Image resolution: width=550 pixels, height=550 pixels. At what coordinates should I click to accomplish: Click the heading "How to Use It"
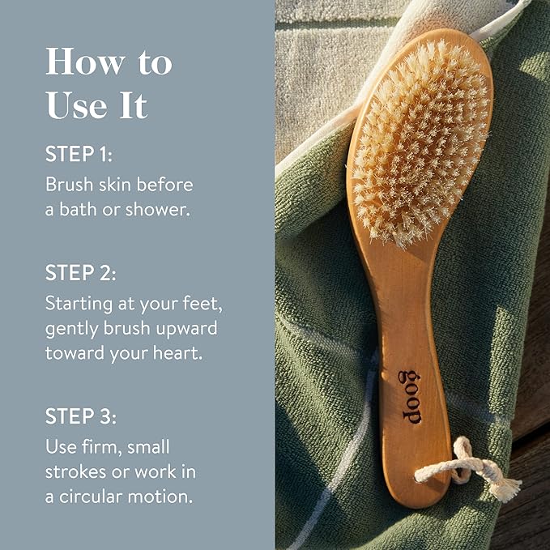pos(109,83)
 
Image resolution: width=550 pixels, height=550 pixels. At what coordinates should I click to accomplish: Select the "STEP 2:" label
pos(81,273)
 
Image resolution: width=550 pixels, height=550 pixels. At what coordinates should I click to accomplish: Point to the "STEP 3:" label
pos(81,416)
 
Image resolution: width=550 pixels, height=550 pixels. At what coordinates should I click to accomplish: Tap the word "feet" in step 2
pos(198,305)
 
